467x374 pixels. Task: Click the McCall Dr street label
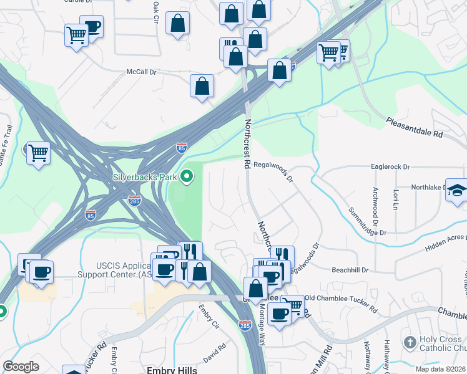(x=141, y=72)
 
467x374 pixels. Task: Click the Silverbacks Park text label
(x=145, y=177)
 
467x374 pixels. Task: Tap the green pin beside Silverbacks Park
(x=186, y=178)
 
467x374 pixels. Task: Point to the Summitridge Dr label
(x=368, y=221)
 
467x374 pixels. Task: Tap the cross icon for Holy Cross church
(x=410, y=342)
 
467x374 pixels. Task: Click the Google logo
(x=21, y=367)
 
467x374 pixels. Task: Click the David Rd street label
(x=214, y=356)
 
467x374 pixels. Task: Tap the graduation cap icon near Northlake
(x=456, y=189)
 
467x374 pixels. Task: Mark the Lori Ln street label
(x=395, y=199)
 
